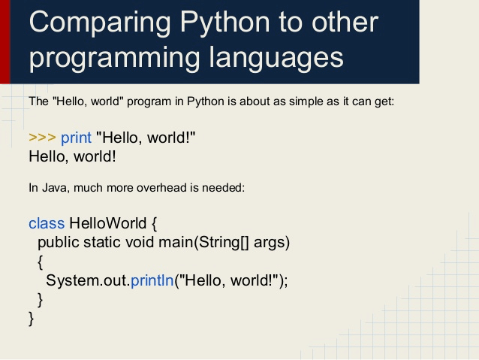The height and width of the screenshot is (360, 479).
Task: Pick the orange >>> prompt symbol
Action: pos(42,138)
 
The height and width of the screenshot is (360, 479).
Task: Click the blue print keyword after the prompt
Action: pos(76,138)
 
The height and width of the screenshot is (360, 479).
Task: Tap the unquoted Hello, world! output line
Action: pos(72,157)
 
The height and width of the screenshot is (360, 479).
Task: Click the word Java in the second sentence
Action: pos(53,188)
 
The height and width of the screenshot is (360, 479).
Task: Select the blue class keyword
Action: pos(47,223)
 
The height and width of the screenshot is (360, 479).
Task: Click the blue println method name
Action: pos(152,280)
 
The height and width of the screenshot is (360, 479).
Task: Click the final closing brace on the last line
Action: pos(32,319)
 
